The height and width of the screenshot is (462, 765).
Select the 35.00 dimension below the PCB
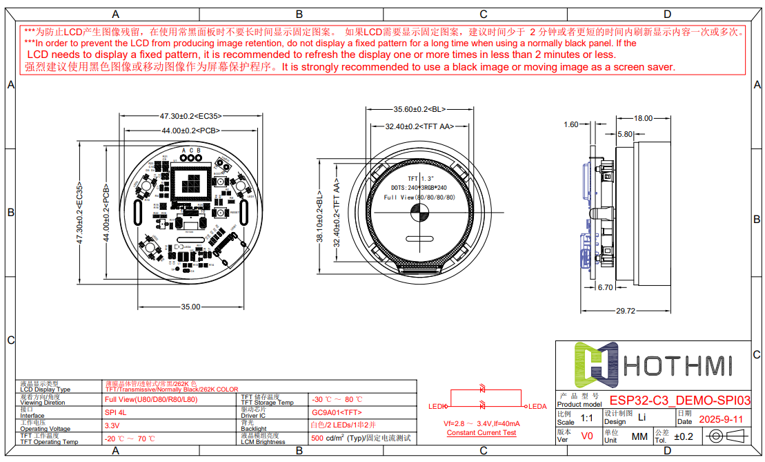point(190,306)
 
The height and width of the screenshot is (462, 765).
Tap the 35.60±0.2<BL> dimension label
point(419,109)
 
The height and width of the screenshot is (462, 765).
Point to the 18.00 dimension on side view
point(643,118)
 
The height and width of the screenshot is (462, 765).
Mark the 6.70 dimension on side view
point(605,287)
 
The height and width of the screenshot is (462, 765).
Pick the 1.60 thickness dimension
point(570,125)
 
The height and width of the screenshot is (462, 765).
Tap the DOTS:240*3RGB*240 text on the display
point(419,187)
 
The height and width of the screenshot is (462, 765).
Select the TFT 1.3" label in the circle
point(419,178)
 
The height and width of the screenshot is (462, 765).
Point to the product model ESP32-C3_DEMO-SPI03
point(679,401)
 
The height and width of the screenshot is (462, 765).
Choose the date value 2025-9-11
point(721,419)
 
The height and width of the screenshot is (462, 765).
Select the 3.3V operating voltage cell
point(112,425)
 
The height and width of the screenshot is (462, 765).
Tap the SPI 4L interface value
point(116,412)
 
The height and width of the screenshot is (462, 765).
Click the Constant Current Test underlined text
point(481,433)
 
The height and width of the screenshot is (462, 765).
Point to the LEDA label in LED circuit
point(537,406)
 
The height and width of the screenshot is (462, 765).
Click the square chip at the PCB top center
point(194,184)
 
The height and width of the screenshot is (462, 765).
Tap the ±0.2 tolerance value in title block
point(684,436)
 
